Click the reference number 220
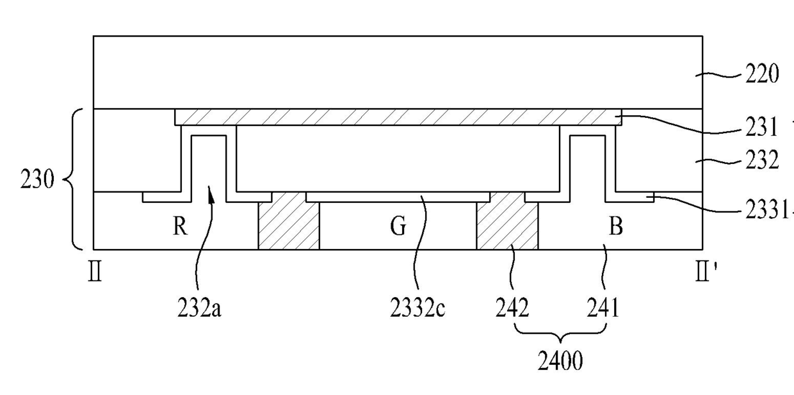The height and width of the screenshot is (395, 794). tap(761, 75)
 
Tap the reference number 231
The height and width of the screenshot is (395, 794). tap(761, 128)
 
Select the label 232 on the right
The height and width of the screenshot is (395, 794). tap(761, 161)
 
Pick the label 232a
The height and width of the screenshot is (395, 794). tap(200, 309)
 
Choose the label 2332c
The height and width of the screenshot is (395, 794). tap(417, 309)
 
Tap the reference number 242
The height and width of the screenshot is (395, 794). tap(512, 309)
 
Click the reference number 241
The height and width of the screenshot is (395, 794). tap(603, 309)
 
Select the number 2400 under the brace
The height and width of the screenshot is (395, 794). tap(560, 362)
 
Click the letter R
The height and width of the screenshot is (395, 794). tap(180, 227)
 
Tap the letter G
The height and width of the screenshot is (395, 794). tap(398, 227)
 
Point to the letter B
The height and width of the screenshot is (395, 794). tap(615, 227)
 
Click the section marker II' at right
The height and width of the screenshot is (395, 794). tap(706, 277)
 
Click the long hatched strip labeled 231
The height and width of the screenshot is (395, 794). tap(397, 117)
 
